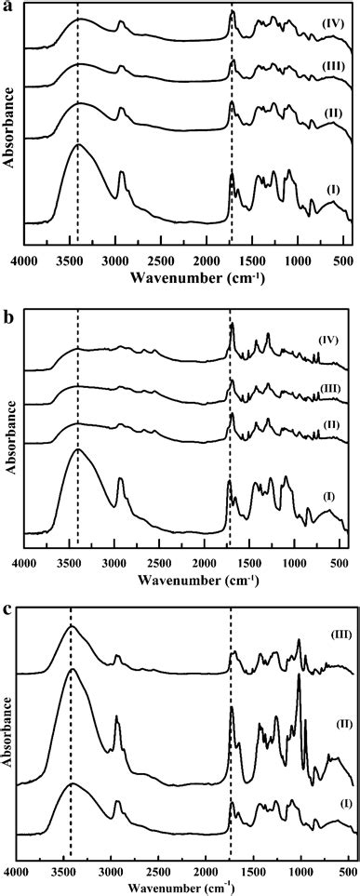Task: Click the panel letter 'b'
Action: [x=7, y=316]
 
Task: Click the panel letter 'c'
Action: [x=7, y=611]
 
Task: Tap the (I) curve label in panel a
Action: [x=331, y=190]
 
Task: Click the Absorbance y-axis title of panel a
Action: [x=8, y=126]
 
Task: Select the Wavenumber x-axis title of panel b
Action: [x=187, y=580]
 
